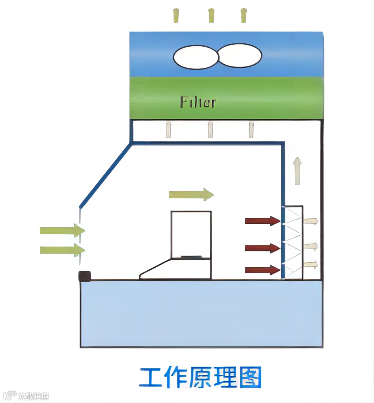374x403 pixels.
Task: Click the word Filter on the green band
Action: point(198,102)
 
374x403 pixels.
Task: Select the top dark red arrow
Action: point(262,221)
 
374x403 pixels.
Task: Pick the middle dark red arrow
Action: point(262,248)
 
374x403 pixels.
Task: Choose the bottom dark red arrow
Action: point(262,270)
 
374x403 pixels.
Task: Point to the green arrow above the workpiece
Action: point(191,194)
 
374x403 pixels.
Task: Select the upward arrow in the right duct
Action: point(297,171)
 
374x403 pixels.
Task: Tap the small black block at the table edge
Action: point(85,276)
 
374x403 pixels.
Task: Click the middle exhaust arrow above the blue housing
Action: point(211,15)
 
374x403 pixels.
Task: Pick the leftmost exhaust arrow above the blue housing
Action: point(176,15)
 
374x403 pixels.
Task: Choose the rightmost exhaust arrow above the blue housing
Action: point(244,15)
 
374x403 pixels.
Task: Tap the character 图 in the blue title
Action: point(249,377)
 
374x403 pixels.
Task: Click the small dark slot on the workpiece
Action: point(191,257)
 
